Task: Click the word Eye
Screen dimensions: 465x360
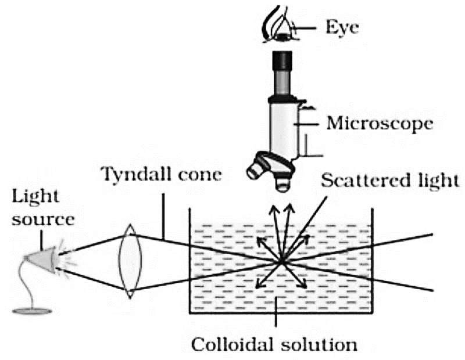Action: (342, 27)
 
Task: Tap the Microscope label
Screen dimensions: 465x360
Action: (380, 123)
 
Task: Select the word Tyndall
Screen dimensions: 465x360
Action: (137, 175)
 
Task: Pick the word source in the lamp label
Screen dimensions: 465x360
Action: (43, 220)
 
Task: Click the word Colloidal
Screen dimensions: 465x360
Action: (233, 344)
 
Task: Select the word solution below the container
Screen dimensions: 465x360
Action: (319, 344)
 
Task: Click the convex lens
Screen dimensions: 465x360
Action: (130, 261)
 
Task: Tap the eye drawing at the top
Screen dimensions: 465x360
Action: (279, 25)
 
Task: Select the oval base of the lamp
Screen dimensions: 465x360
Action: (32, 311)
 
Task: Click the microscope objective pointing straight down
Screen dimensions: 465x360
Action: (282, 182)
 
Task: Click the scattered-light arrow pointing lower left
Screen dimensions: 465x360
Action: (269, 275)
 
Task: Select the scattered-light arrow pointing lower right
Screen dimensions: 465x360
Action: (294, 275)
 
